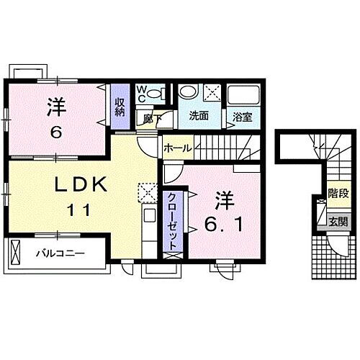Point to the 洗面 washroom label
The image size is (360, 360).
pos(199,114)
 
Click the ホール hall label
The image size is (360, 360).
pos(177,148)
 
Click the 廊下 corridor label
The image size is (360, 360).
pos(149,117)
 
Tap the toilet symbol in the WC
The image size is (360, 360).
pos(162,93)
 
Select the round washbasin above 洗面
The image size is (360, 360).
pos(189,91)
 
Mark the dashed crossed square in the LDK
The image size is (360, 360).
pos(148,191)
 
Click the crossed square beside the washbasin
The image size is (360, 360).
pos(212,91)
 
